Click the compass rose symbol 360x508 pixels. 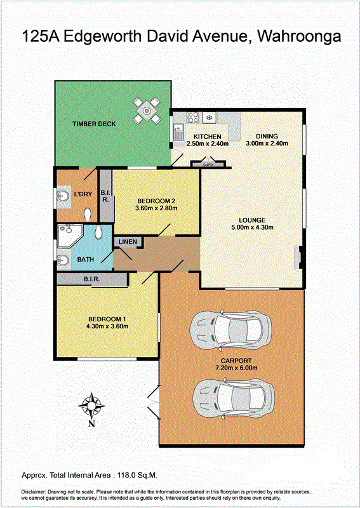[x=92, y=406]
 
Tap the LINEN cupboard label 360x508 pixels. [x=127, y=243]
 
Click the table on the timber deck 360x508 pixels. [x=147, y=111]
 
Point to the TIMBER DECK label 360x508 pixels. [x=94, y=124]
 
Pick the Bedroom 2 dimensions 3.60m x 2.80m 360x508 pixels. [x=156, y=208]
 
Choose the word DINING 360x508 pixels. [x=267, y=136]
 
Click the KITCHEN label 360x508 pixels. [x=207, y=137]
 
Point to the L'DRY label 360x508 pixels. [x=83, y=194]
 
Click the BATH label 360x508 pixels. [x=85, y=260]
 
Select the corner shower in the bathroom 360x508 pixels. [x=68, y=237]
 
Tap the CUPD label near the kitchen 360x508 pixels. [x=207, y=164]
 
